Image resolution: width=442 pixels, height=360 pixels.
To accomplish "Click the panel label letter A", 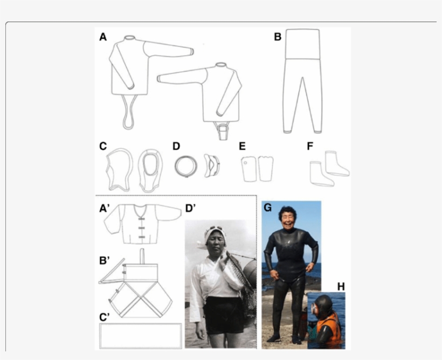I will pos(103,37).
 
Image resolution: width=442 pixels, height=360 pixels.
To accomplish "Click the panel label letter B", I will pos(278,37).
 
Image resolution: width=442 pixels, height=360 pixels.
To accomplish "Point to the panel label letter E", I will pos(243,146).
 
